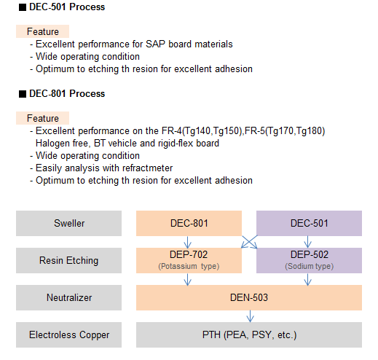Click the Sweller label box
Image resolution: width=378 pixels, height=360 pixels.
pos(68,223)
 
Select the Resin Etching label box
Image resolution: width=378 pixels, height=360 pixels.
pos(68,260)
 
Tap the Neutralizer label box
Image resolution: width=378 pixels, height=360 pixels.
pos(68,297)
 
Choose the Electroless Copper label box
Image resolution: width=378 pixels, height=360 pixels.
pos(68,334)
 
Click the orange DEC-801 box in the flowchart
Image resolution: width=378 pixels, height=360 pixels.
pos(189,223)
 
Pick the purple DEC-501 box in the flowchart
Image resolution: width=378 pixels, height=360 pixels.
pos(309,223)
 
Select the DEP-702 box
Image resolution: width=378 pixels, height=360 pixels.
pos(189,260)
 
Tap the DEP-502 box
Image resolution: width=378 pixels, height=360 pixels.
pos(309,260)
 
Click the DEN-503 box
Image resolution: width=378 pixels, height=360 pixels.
pos(249,297)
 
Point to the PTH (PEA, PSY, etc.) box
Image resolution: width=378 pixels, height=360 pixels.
pos(249,334)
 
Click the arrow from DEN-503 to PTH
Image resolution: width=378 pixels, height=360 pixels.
pos(251,316)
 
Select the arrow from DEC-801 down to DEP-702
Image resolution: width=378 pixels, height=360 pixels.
pos(187,242)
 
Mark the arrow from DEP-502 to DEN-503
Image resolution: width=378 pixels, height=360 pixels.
pos(308,279)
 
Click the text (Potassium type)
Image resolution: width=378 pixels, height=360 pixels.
pos(189,266)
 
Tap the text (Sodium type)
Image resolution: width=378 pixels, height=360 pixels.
pos(309,266)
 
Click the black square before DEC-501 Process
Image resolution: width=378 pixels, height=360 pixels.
pos(23,7)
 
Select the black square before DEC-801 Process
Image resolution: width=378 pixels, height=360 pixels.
pos(23,94)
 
